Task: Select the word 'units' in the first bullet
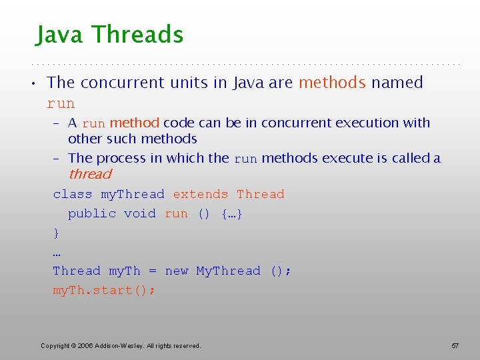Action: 204,83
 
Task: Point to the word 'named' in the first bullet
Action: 397,83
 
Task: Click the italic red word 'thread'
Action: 89,175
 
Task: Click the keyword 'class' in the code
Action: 73,194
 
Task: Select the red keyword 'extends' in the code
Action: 200,194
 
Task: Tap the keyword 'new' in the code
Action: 177,271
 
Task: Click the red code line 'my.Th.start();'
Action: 104,290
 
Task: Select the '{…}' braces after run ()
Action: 231,213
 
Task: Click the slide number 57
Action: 455,345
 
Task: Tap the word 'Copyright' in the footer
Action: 55,345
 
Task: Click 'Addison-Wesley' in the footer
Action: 117,345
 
